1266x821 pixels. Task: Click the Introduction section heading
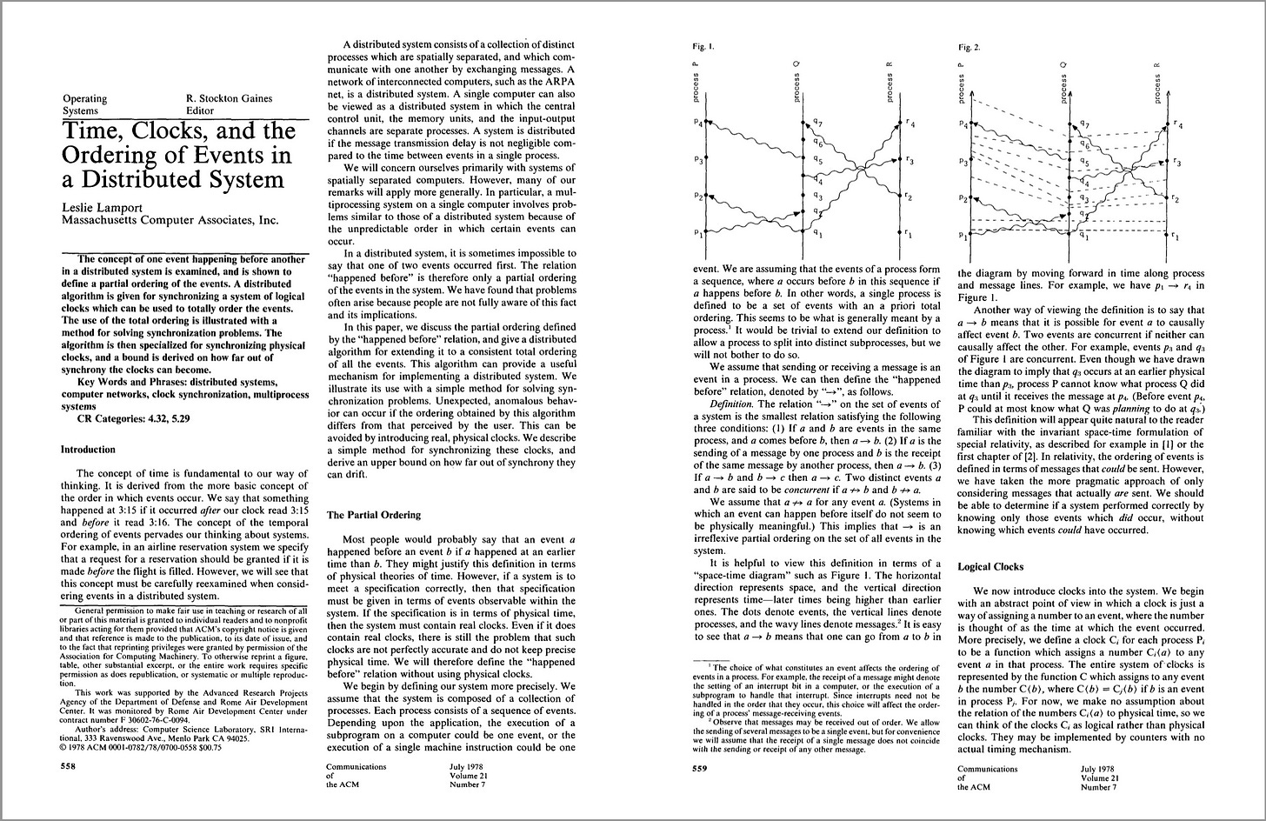[x=87, y=450]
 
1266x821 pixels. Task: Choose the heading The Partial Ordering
[x=373, y=515]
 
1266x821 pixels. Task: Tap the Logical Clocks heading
[x=991, y=566]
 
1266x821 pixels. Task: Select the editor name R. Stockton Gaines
[x=229, y=98]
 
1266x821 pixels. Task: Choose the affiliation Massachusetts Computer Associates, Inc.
[x=170, y=221]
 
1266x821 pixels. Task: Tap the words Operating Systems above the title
[x=85, y=104]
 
